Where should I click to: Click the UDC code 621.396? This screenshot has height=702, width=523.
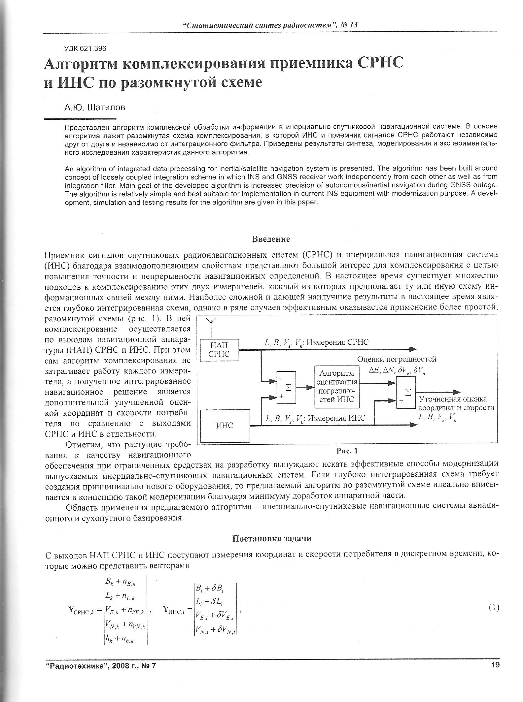pyautogui.click(x=85, y=49)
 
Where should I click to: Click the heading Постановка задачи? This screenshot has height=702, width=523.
pyautogui.click(x=272, y=539)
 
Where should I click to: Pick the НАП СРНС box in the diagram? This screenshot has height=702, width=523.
pyautogui.click(x=219, y=350)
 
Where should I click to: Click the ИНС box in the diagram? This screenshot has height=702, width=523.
pyautogui.click(x=225, y=426)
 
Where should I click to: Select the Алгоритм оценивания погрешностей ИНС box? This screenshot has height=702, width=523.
pyautogui.click(x=337, y=386)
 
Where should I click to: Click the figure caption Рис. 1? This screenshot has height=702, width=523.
pyautogui.click(x=347, y=451)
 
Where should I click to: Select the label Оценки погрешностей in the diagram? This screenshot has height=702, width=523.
pyautogui.click(x=397, y=359)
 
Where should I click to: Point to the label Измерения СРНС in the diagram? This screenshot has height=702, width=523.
pyautogui.click(x=337, y=342)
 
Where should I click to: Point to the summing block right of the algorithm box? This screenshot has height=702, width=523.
pyautogui.click(x=406, y=392)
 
